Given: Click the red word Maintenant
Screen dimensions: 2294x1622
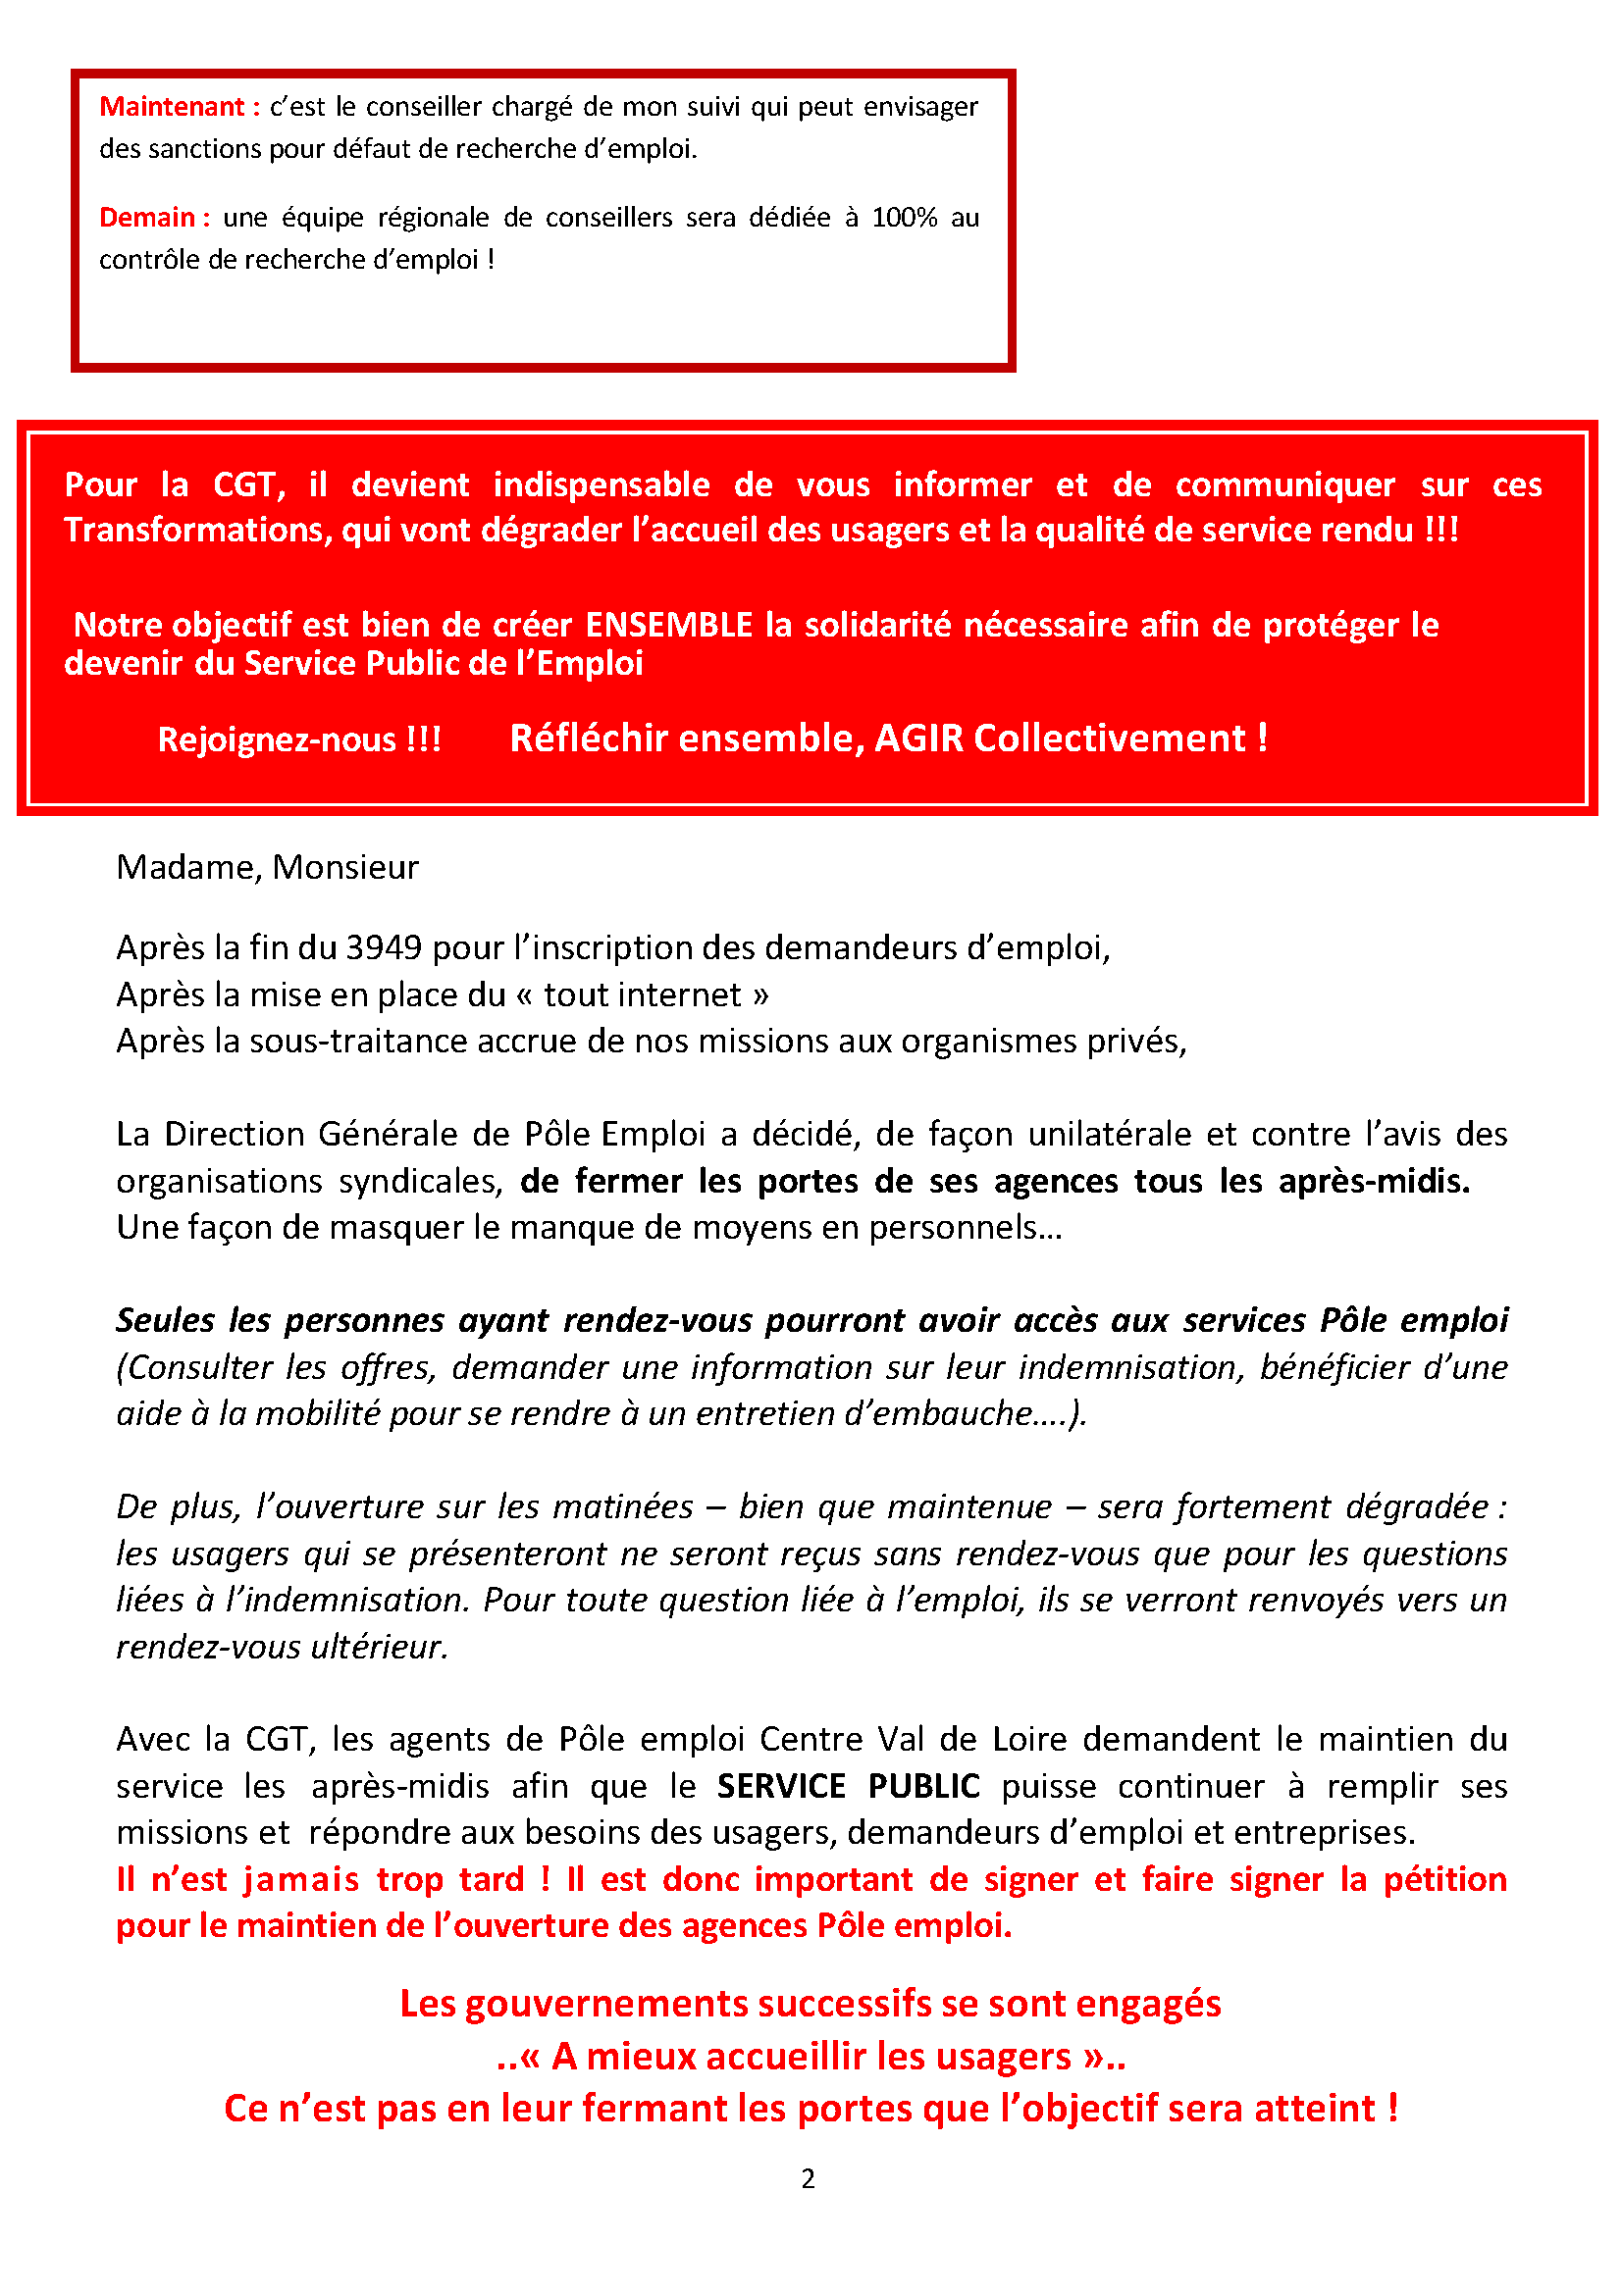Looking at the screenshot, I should click(x=172, y=107).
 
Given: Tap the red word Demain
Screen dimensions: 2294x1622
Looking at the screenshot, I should click(x=147, y=218).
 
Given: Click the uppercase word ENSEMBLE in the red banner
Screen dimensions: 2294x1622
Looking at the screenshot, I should click(x=667, y=626).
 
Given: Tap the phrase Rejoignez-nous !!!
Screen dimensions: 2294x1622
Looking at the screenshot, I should click(x=299, y=739).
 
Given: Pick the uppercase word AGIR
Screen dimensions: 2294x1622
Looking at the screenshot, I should click(x=918, y=739).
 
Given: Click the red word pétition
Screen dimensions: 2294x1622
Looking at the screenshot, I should click(x=1444, y=1879).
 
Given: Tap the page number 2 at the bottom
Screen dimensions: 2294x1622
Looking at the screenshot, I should click(x=808, y=2179).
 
